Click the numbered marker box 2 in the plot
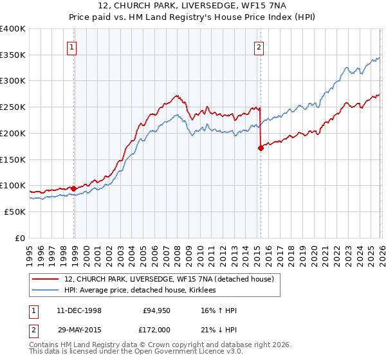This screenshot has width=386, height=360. (259, 46)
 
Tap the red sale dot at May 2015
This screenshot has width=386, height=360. (261, 148)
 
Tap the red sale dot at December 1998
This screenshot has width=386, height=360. (74, 188)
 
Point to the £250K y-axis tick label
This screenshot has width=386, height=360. (12, 107)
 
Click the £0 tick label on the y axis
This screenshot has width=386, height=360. (19, 238)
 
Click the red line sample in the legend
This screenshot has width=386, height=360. (46, 279)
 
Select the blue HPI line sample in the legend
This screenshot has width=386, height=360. (46, 290)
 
